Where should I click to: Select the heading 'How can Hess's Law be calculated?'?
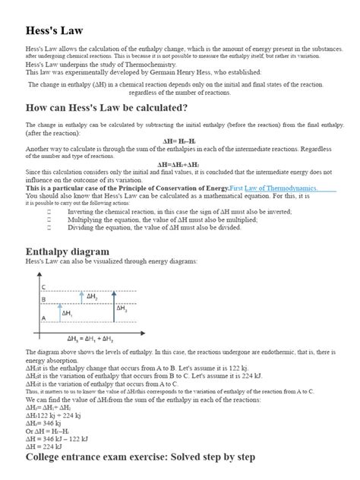coord(106,107)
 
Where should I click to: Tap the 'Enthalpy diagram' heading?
coord(68,251)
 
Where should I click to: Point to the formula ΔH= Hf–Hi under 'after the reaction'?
coord(179,141)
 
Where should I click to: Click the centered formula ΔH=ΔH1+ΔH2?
coord(179,164)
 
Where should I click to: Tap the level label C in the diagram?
coord(43,286)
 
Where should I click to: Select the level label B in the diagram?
coord(43,300)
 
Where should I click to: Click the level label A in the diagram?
coord(43,317)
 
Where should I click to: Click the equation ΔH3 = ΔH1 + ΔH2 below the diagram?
coord(89,338)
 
